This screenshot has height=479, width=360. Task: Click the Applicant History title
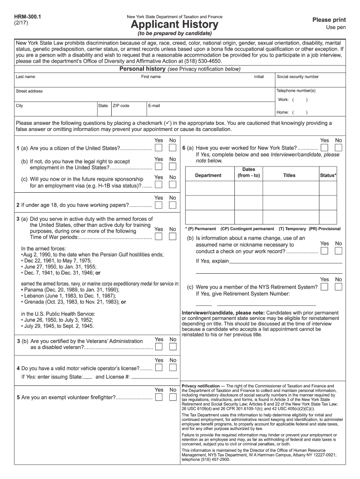click(174, 25)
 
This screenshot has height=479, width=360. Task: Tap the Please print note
click(329, 20)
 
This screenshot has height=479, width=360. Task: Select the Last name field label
click(25, 76)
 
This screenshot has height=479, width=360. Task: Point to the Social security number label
click(298, 76)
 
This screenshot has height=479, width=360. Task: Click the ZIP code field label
click(121, 106)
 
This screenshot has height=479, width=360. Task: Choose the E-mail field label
click(154, 106)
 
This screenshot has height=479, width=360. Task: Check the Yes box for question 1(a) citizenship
click(159, 148)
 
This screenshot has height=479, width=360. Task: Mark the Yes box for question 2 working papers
click(159, 205)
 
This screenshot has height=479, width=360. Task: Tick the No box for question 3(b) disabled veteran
click(173, 347)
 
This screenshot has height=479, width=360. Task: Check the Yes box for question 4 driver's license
click(159, 368)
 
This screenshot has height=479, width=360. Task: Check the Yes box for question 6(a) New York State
click(324, 148)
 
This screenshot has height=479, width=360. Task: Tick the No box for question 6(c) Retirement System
click(338, 287)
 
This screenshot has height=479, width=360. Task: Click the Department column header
click(208, 175)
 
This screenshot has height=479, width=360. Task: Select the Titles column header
click(289, 175)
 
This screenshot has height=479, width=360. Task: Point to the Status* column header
click(328, 175)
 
